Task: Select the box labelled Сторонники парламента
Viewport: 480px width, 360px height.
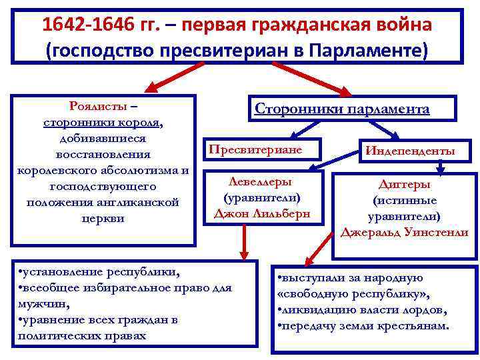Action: (342, 109)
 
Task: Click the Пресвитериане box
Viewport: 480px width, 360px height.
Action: (255, 149)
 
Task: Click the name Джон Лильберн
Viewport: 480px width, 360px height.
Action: (261, 213)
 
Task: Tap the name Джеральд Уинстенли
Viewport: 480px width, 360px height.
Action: (404, 233)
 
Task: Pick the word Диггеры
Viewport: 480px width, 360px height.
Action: (404, 184)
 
